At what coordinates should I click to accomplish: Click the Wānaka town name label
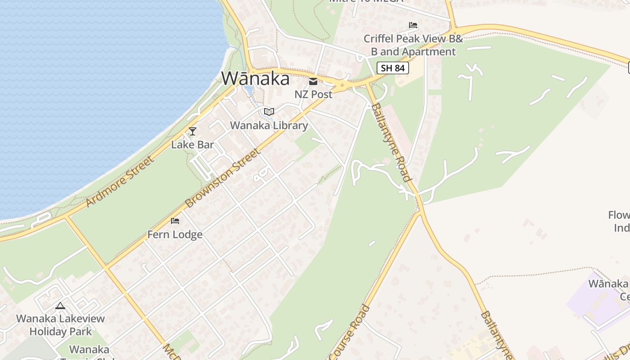pyautogui.click(x=255, y=79)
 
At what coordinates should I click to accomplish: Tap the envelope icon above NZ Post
pyautogui.click(x=313, y=81)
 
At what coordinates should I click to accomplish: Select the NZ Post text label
pyautogui.click(x=313, y=94)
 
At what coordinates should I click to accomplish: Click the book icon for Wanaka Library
pyautogui.click(x=269, y=112)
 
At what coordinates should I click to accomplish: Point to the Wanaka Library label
pyautogui.click(x=269, y=126)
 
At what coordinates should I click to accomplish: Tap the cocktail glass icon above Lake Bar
pyautogui.click(x=193, y=131)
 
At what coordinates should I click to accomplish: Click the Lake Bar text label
pyautogui.click(x=193, y=145)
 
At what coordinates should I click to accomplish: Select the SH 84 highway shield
pyautogui.click(x=393, y=68)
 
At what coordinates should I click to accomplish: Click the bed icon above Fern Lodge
pyautogui.click(x=175, y=221)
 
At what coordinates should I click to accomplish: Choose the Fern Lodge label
pyautogui.click(x=175, y=234)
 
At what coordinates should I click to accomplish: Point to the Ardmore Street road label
pyautogui.click(x=119, y=181)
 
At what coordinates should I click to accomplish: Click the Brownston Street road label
pyautogui.click(x=223, y=178)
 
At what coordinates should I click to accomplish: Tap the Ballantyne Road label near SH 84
pyautogui.click(x=391, y=142)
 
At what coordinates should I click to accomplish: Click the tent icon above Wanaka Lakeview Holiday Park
pyautogui.click(x=60, y=306)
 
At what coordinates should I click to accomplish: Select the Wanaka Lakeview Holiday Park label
pyautogui.click(x=61, y=325)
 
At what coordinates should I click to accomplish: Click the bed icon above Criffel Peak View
pyautogui.click(x=413, y=25)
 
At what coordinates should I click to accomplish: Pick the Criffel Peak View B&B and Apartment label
pyautogui.click(x=413, y=45)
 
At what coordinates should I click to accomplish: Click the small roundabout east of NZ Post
pyautogui.click(x=342, y=85)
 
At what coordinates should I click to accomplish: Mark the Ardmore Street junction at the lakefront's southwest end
pyautogui.click(x=66, y=217)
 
